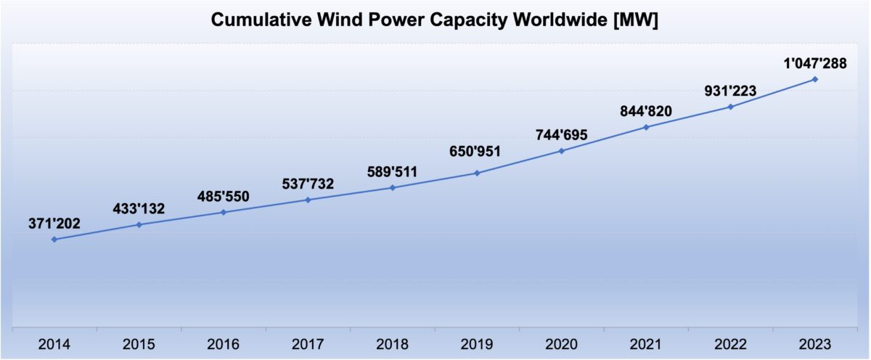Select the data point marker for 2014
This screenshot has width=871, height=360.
tap(54, 239)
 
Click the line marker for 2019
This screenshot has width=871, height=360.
tap(477, 173)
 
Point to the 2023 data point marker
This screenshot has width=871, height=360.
tap(815, 79)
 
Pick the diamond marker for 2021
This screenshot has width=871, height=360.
tap(646, 127)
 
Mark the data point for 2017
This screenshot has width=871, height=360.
tap(308, 200)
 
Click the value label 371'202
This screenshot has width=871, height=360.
tap(54, 224)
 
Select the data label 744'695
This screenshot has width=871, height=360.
tap(561, 135)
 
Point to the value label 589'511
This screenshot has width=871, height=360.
tap(393, 172)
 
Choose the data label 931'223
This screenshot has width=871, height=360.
tap(730, 91)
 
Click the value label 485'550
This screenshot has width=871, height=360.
tap(224, 196)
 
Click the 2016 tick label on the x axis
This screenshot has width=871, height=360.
tap(224, 343)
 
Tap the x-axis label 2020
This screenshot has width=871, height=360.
tap(561, 343)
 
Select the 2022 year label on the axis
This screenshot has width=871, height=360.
tap(730, 343)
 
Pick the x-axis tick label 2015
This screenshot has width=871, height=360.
tap(139, 343)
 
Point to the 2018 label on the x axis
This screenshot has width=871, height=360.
tap(393, 343)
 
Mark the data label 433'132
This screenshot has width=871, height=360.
tap(139, 209)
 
